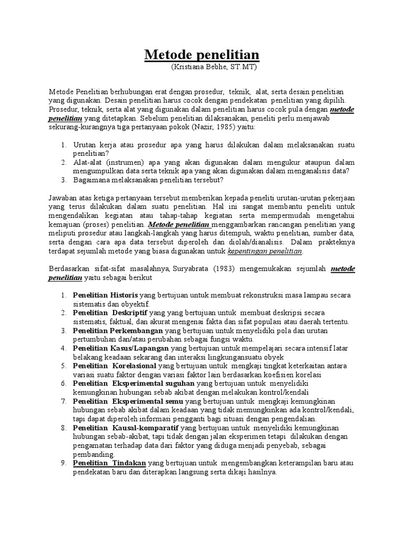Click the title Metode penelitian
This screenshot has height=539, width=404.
(202, 55)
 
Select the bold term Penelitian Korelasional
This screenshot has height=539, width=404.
(114, 365)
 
